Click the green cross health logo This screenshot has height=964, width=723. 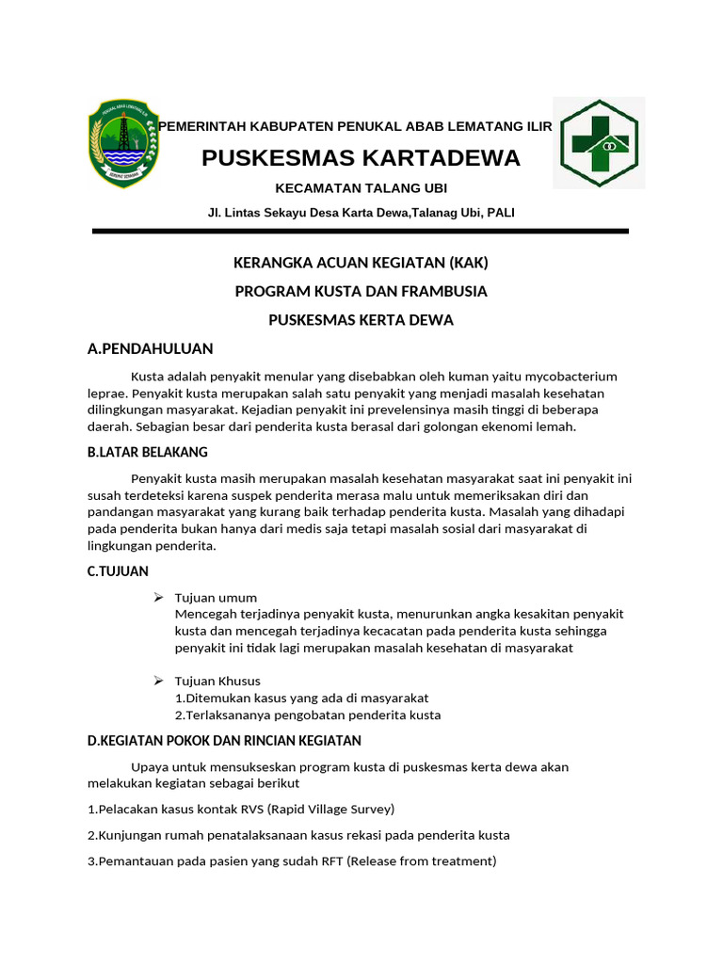pyautogui.click(x=598, y=143)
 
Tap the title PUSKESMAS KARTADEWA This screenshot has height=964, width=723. pyautogui.click(x=361, y=158)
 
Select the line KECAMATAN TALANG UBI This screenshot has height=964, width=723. pyautogui.click(x=361, y=188)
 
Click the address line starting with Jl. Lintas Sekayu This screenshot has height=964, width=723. pyautogui.click(x=361, y=213)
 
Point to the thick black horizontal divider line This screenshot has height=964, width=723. pyautogui.click(x=361, y=231)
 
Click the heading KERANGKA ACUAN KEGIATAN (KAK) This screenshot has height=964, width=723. pyautogui.click(x=361, y=263)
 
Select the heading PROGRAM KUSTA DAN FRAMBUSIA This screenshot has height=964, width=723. pyautogui.click(x=361, y=291)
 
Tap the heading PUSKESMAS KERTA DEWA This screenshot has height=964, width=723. pyautogui.click(x=361, y=320)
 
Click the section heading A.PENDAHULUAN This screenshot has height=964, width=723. pyautogui.click(x=151, y=349)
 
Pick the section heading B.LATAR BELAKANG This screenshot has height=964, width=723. pyautogui.click(x=147, y=453)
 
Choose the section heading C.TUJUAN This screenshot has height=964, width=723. pyautogui.click(x=118, y=571)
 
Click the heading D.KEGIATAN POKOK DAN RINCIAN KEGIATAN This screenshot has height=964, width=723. pyautogui.click(x=224, y=741)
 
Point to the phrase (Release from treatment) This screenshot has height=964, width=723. pyautogui.click(x=421, y=860)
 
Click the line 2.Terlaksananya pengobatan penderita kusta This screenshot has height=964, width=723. pyautogui.click(x=308, y=715)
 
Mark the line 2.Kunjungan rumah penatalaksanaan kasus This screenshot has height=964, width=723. pyautogui.click(x=298, y=835)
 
